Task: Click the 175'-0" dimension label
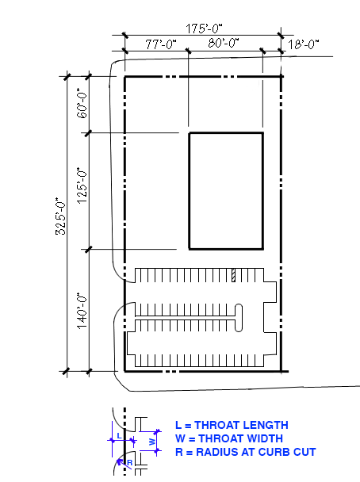[204, 29]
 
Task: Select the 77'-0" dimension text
[161, 44]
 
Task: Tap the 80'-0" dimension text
[224, 43]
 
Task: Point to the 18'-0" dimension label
[304, 44]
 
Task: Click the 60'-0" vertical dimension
[82, 103]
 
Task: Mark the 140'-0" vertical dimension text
[82, 311]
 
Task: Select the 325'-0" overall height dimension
[60, 216]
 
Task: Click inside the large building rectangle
[226, 190]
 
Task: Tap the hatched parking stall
[233, 275]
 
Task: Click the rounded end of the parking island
[238, 318]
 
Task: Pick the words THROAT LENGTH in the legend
[241, 425]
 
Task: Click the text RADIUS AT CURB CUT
[256, 452]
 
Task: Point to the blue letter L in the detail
[120, 435]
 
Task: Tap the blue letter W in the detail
[152, 442]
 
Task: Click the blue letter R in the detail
[130, 463]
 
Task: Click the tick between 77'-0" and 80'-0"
[188, 51]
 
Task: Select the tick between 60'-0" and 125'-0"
[89, 133]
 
